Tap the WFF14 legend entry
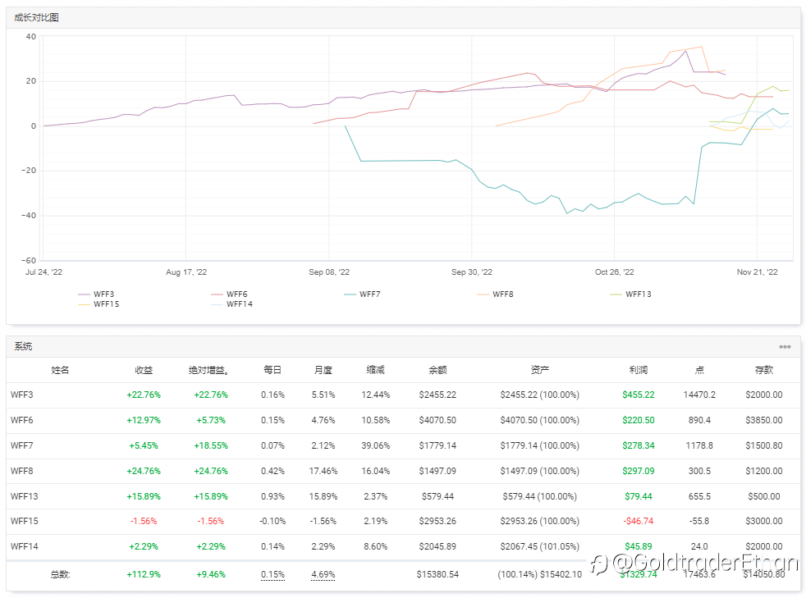[239, 304]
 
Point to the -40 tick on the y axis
[30, 216]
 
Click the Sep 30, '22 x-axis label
[472, 272]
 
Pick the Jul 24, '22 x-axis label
[44, 272]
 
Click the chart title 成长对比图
[36, 17]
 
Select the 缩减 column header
[375, 370]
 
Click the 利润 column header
[638, 370]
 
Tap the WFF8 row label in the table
[25, 471]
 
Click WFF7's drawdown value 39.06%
[375, 445]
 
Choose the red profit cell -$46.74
[638, 521]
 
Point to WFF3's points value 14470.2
[699, 395]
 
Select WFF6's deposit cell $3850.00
[763, 420]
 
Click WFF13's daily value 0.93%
[273, 496]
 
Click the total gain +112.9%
[144, 574]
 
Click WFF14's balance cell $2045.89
[437, 546]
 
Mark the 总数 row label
[60, 574]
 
